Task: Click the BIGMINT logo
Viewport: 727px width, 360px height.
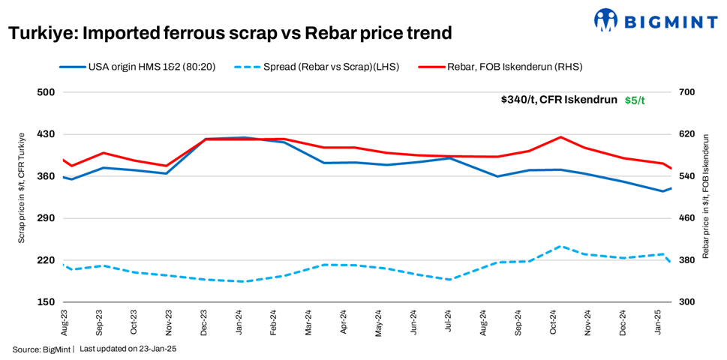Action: click(x=654, y=20)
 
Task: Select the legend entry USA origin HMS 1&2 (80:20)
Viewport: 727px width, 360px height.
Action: click(x=138, y=67)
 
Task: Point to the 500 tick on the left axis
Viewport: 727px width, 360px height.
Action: click(x=47, y=92)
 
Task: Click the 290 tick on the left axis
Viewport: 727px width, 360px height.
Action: click(x=47, y=218)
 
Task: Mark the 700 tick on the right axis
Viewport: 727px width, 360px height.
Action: click(x=689, y=92)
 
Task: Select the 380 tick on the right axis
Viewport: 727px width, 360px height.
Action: click(x=689, y=260)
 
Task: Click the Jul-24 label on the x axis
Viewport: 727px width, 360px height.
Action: click(x=449, y=321)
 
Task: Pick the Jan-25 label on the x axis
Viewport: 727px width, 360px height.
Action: click(x=659, y=321)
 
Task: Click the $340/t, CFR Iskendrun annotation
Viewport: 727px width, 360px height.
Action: click(x=559, y=100)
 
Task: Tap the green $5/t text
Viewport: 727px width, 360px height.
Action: click(x=635, y=100)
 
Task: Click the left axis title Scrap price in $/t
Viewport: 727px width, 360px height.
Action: click(x=22, y=187)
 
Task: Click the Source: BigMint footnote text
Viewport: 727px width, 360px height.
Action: click(x=41, y=349)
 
